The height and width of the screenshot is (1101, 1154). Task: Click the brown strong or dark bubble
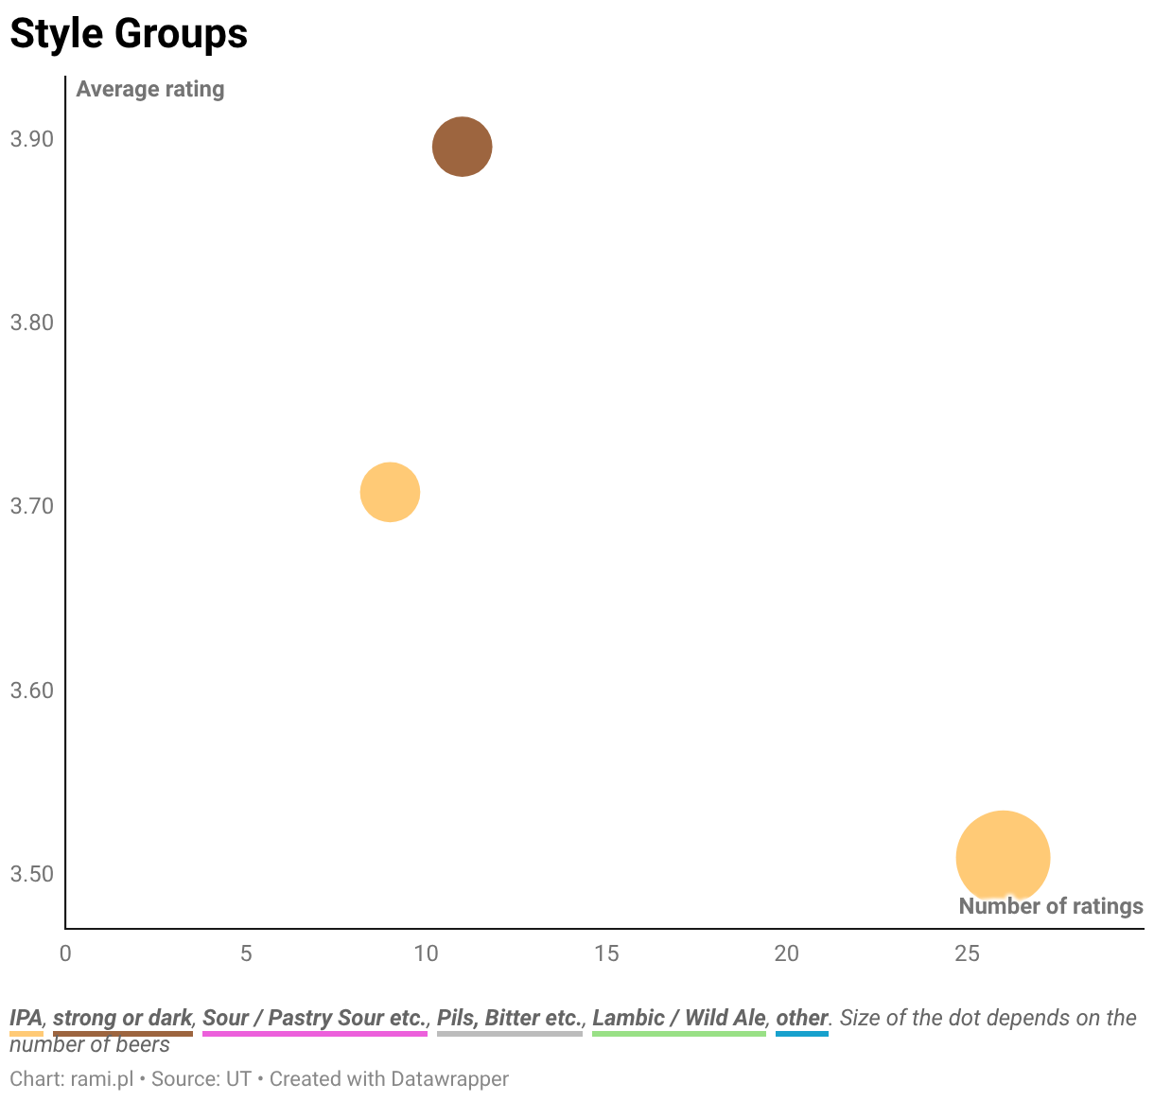click(x=462, y=147)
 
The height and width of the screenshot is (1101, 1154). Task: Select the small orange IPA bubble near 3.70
click(x=390, y=492)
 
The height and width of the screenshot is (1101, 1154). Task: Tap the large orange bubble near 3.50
click(x=1003, y=857)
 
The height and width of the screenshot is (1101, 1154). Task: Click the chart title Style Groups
click(x=129, y=33)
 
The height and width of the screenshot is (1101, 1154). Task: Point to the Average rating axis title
click(x=150, y=89)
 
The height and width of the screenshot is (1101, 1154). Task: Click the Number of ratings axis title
click(x=1051, y=906)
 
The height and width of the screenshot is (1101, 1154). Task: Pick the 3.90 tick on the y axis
click(x=32, y=139)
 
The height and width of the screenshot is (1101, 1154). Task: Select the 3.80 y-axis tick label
click(x=32, y=323)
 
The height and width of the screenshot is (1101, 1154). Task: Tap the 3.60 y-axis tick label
click(x=32, y=690)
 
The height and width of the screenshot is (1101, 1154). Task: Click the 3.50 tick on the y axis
click(x=32, y=874)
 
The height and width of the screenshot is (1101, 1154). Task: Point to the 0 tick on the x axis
click(x=65, y=953)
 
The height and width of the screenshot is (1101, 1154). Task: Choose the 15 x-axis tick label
click(x=606, y=953)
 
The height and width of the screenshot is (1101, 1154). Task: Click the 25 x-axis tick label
click(x=967, y=953)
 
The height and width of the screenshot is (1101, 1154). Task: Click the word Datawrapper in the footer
click(x=449, y=1079)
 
